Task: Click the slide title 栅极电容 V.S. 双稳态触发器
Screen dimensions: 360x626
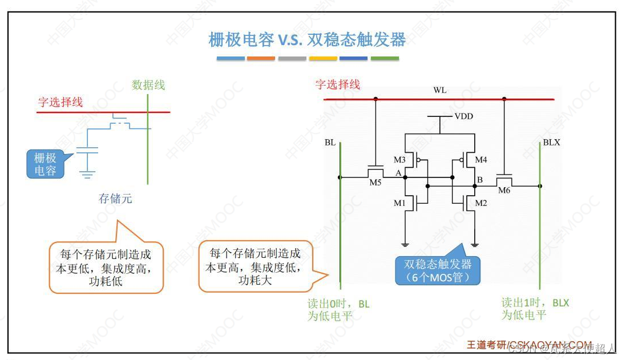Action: point(308,40)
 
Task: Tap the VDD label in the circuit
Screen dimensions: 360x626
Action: point(463,116)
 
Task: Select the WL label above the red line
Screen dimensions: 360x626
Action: point(439,91)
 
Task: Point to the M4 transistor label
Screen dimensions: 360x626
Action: point(481,159)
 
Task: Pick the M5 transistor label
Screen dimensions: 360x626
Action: point(375,183)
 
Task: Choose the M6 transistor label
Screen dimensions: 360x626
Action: point(504,190)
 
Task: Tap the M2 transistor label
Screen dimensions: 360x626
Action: point(482,203)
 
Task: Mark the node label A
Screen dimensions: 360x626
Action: point(398,173)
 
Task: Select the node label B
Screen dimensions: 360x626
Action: point(480,180)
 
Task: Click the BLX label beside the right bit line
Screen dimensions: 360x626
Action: point(551,143)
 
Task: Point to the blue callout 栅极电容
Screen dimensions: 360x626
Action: point(46,164)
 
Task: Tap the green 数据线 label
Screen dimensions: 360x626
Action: point(148,85)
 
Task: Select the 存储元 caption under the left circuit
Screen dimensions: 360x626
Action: point(115,199)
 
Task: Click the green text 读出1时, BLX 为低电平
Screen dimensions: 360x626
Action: point(535,309)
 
